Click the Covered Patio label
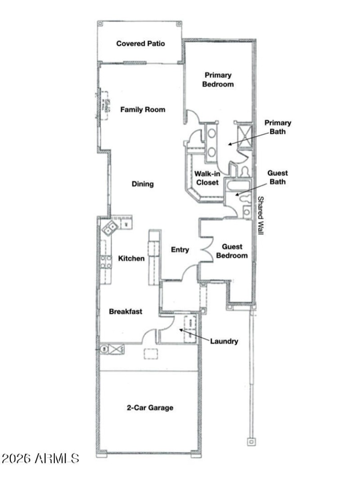point(140,44)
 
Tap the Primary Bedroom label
point(218,80)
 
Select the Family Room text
point(142,109)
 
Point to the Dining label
point(143,184)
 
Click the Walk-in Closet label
point(207,178)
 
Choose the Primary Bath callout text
point(278,127)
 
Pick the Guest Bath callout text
point(278,177)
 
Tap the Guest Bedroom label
point(232,251)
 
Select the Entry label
point(180,250)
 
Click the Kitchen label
point(131,258)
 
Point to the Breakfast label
point(126,311)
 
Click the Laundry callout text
point(224,341)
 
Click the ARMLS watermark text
point(40,459)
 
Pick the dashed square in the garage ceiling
point(150,354)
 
